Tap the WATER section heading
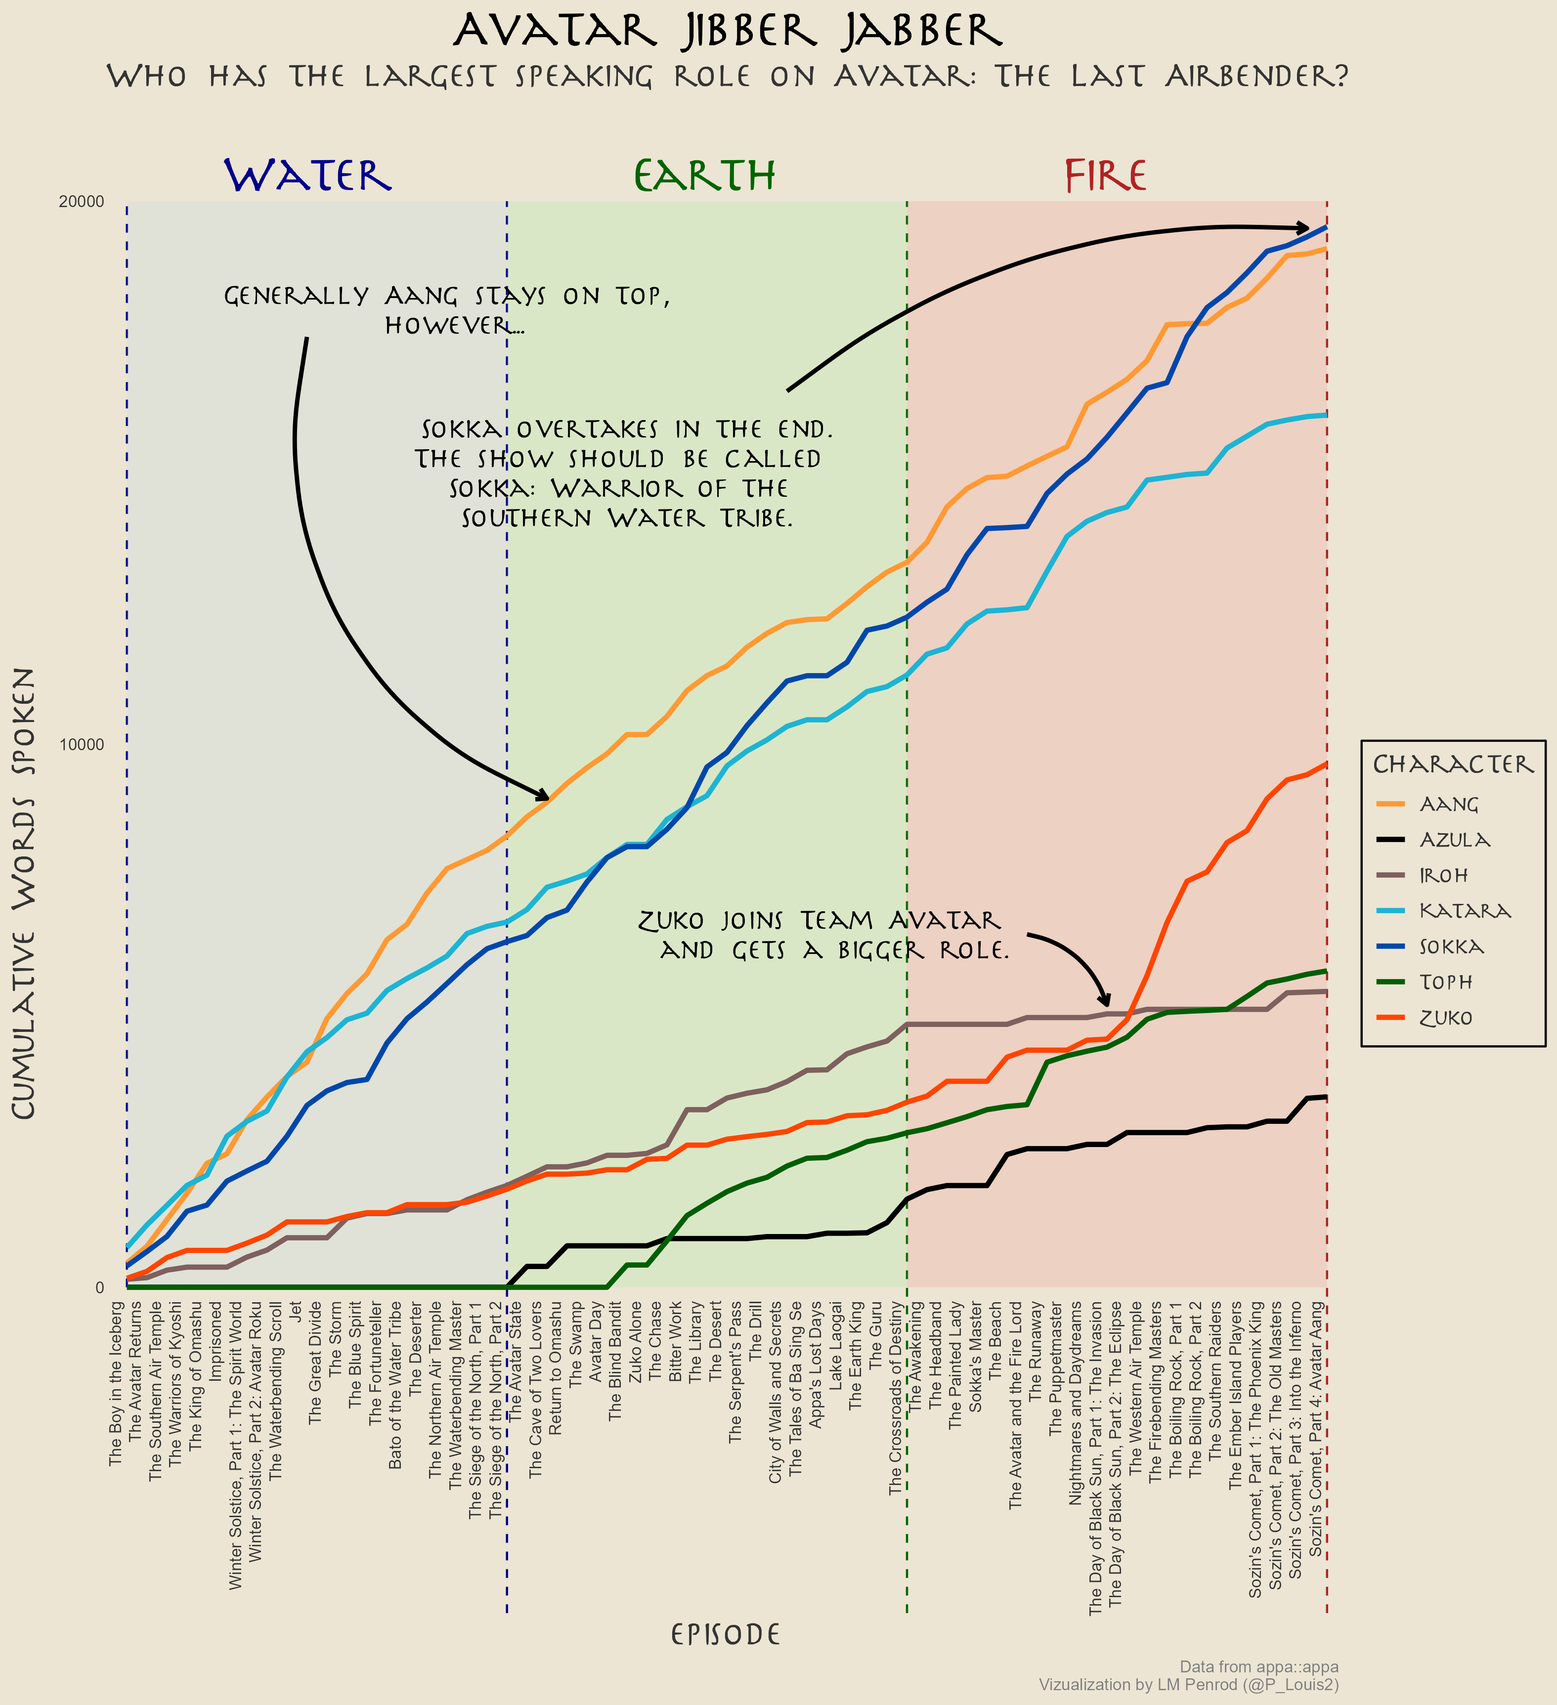point(307,176)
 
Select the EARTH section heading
point(704,176)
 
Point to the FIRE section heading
point(1105,176)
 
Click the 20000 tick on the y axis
point(81,202)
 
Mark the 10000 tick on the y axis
point(81,745)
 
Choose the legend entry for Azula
point(1454,840)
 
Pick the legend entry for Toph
point(1445,982)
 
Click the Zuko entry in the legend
point(1445,1018)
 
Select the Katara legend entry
point(1464,911)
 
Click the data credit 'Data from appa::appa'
point(1258,1666)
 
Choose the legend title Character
point(1452,765)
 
